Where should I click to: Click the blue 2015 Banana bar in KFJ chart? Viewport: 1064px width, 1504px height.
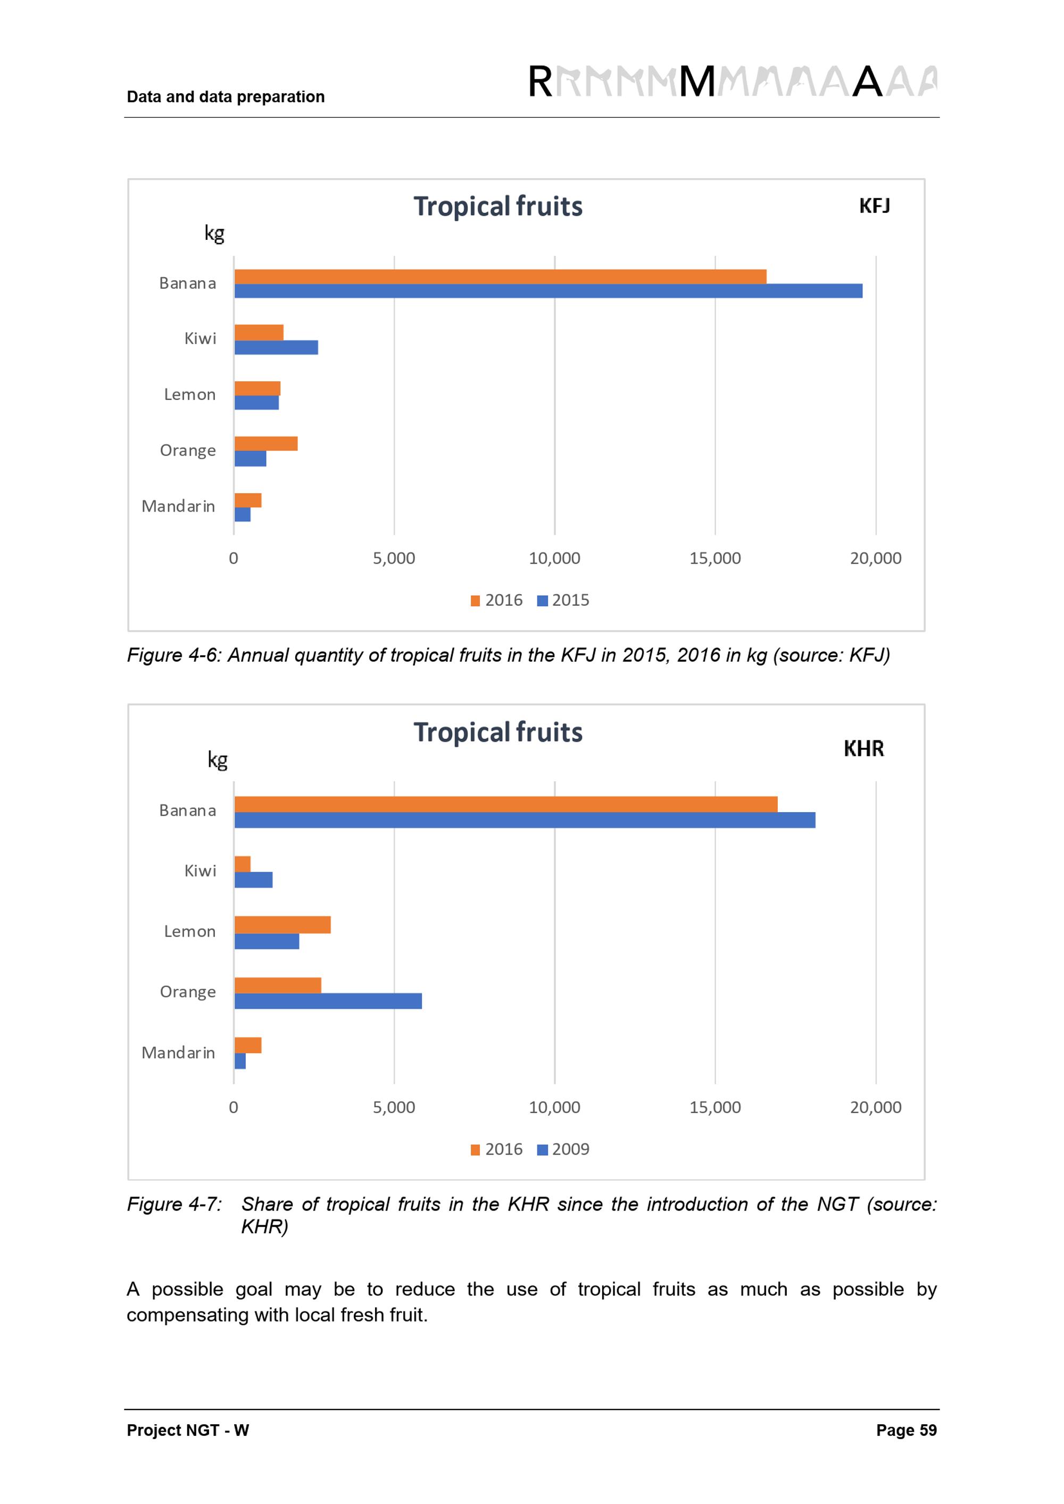click(x=548, y=291)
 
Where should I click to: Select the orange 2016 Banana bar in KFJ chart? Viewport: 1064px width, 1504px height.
click(x=500, y=277)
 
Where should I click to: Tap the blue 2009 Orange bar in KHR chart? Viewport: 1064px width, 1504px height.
click(x=328, y=1001)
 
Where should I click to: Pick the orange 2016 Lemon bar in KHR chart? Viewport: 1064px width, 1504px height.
click(x=282, y=924)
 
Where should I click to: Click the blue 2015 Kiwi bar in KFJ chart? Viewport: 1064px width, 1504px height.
click(x=276, y=347)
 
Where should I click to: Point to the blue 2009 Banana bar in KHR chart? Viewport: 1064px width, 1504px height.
click(x=524, y=820)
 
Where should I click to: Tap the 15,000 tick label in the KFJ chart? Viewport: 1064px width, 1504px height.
click(x=715, y=558)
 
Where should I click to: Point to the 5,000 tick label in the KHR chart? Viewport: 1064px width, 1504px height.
click(x=394, y=1107)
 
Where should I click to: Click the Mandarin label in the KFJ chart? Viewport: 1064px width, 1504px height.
click(x=178, y=506)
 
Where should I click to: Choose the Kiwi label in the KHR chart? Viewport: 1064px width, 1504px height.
click(x=200, y=871)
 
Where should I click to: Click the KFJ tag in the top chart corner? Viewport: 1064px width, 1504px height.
click(x=874, y=206)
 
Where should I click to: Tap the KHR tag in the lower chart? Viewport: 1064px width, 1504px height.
click(x=863, y=748)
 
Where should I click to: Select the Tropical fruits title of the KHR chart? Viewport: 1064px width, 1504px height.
click(x=498, y=732)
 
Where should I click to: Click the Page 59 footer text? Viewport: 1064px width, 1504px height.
click(x=906, y=1430)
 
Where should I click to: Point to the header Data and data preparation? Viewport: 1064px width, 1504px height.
click(x=226, y=97)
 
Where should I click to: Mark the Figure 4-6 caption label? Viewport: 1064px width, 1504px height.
click(x=173, y=655)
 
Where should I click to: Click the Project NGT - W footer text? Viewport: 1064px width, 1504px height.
click(x=188, y=1430)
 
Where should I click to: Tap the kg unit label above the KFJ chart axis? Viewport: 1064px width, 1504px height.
click(x=214, y=232)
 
